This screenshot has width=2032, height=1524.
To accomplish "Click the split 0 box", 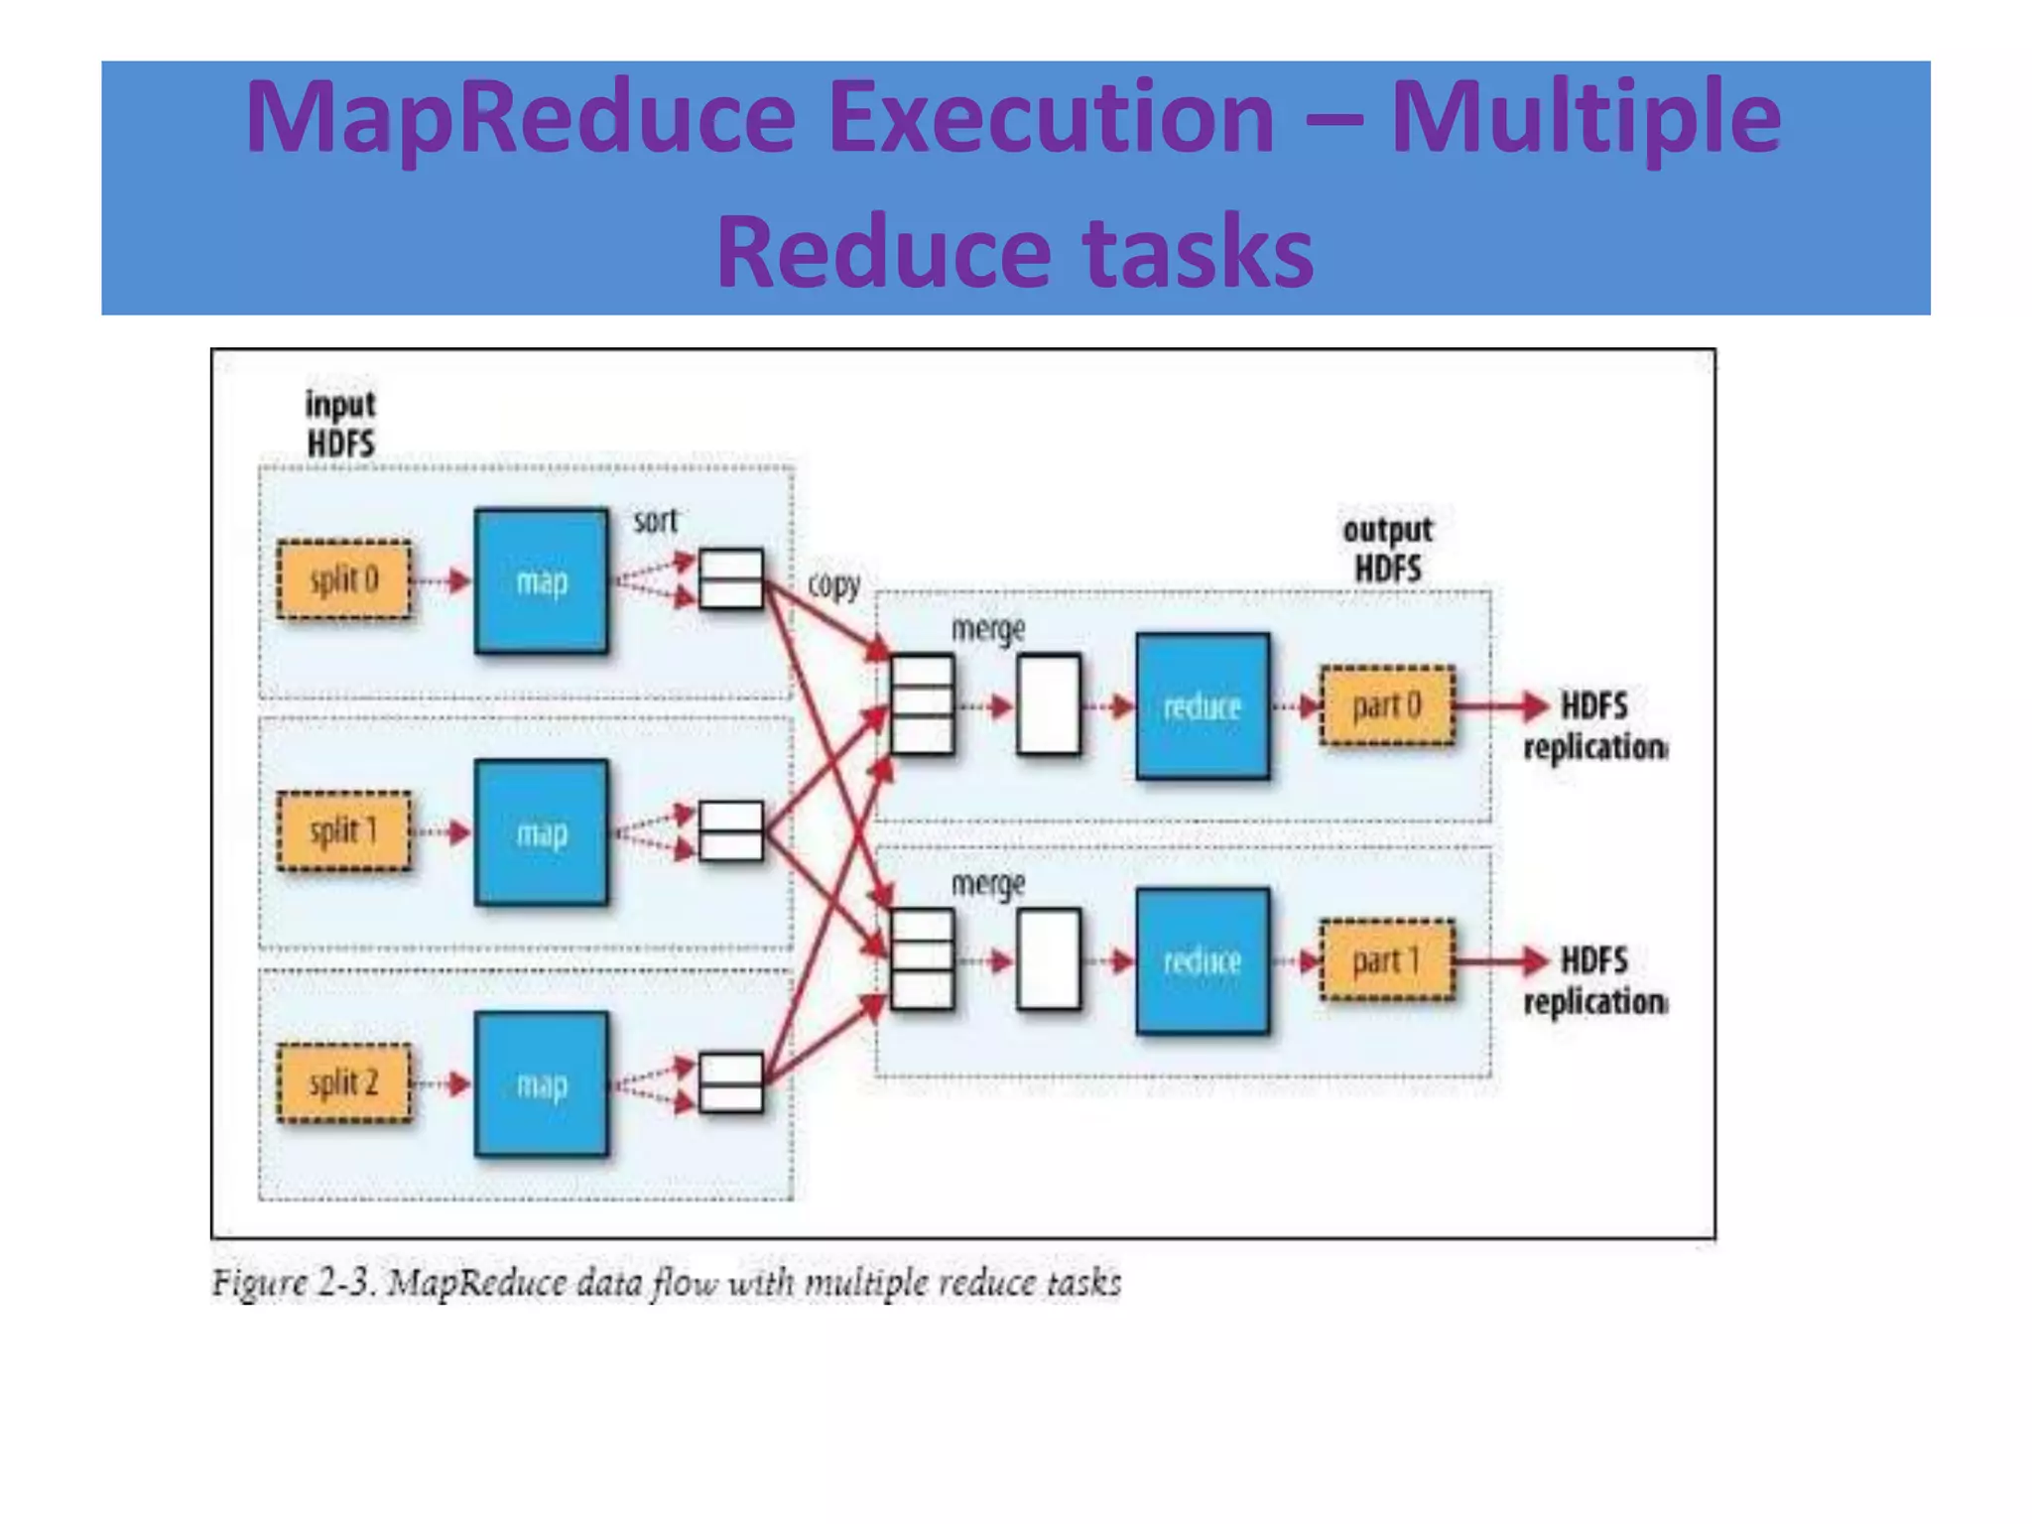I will pyautogui.click(x=343, y=579).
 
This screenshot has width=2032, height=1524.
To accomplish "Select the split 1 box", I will pyautogui.click(x=343, y=831).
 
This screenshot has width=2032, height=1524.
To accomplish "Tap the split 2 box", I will pyautogui.click(x=343, y=1082).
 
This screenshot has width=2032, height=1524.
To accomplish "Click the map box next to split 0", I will pyautogui.click(x=541, y=581).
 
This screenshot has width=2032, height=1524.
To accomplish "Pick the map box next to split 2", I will pyautogui.click(x=541, y=1084).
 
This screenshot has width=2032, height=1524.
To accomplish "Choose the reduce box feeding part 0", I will pyautogui.click(x=1202, y=706).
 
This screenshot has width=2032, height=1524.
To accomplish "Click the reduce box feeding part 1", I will pyautogui.click(x=1202, y=960).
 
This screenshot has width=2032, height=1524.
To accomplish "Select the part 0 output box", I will pyautogui.click(x=1386, y=705).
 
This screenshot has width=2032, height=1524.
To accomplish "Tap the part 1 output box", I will pyautogui.click(x=1386, y=960).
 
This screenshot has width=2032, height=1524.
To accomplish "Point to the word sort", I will pyautogui.click(x=655, y=521).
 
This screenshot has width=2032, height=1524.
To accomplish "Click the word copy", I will pyautogui.click(x=833, y=584).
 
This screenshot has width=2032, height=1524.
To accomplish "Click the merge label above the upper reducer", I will pyautogui.click(x=987, y=629).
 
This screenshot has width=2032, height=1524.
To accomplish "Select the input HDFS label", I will pyautogui.click(x=340, y=424).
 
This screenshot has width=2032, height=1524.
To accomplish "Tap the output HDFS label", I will pyautogui.click(x=1387, y=549).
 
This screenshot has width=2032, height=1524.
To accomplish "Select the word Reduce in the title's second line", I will pyautogui.click(x=882, y=252).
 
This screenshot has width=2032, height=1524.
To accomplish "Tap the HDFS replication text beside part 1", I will pyautogui.click(x=1594, y=981).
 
